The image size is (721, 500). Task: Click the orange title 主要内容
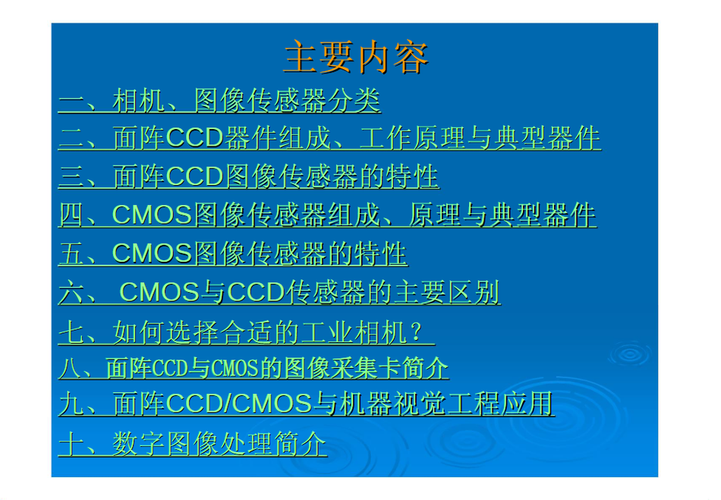pos(357,57)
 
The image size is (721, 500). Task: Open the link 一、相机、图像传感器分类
pos(219,100)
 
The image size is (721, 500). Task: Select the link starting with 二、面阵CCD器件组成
pos(329,138)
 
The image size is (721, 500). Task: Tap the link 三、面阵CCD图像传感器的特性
pos(249,177)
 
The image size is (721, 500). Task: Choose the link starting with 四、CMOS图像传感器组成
pos(327,215)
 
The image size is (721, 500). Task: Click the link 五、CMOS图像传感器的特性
pos(233,253)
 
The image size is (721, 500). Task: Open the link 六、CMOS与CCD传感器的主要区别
pos(279,292)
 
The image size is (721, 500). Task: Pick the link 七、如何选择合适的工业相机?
pos(247,332)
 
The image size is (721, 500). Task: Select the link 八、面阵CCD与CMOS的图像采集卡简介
pos(253,368)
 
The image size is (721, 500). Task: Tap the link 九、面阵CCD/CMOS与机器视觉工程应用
pos(307,404)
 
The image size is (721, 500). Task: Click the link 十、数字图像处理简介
pos(193,444)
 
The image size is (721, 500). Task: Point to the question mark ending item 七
pos(417,332)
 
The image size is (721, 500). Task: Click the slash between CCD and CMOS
pos(228,404)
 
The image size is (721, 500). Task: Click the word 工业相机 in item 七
pos(354,332)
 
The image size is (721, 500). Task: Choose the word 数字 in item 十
pos(138,444)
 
